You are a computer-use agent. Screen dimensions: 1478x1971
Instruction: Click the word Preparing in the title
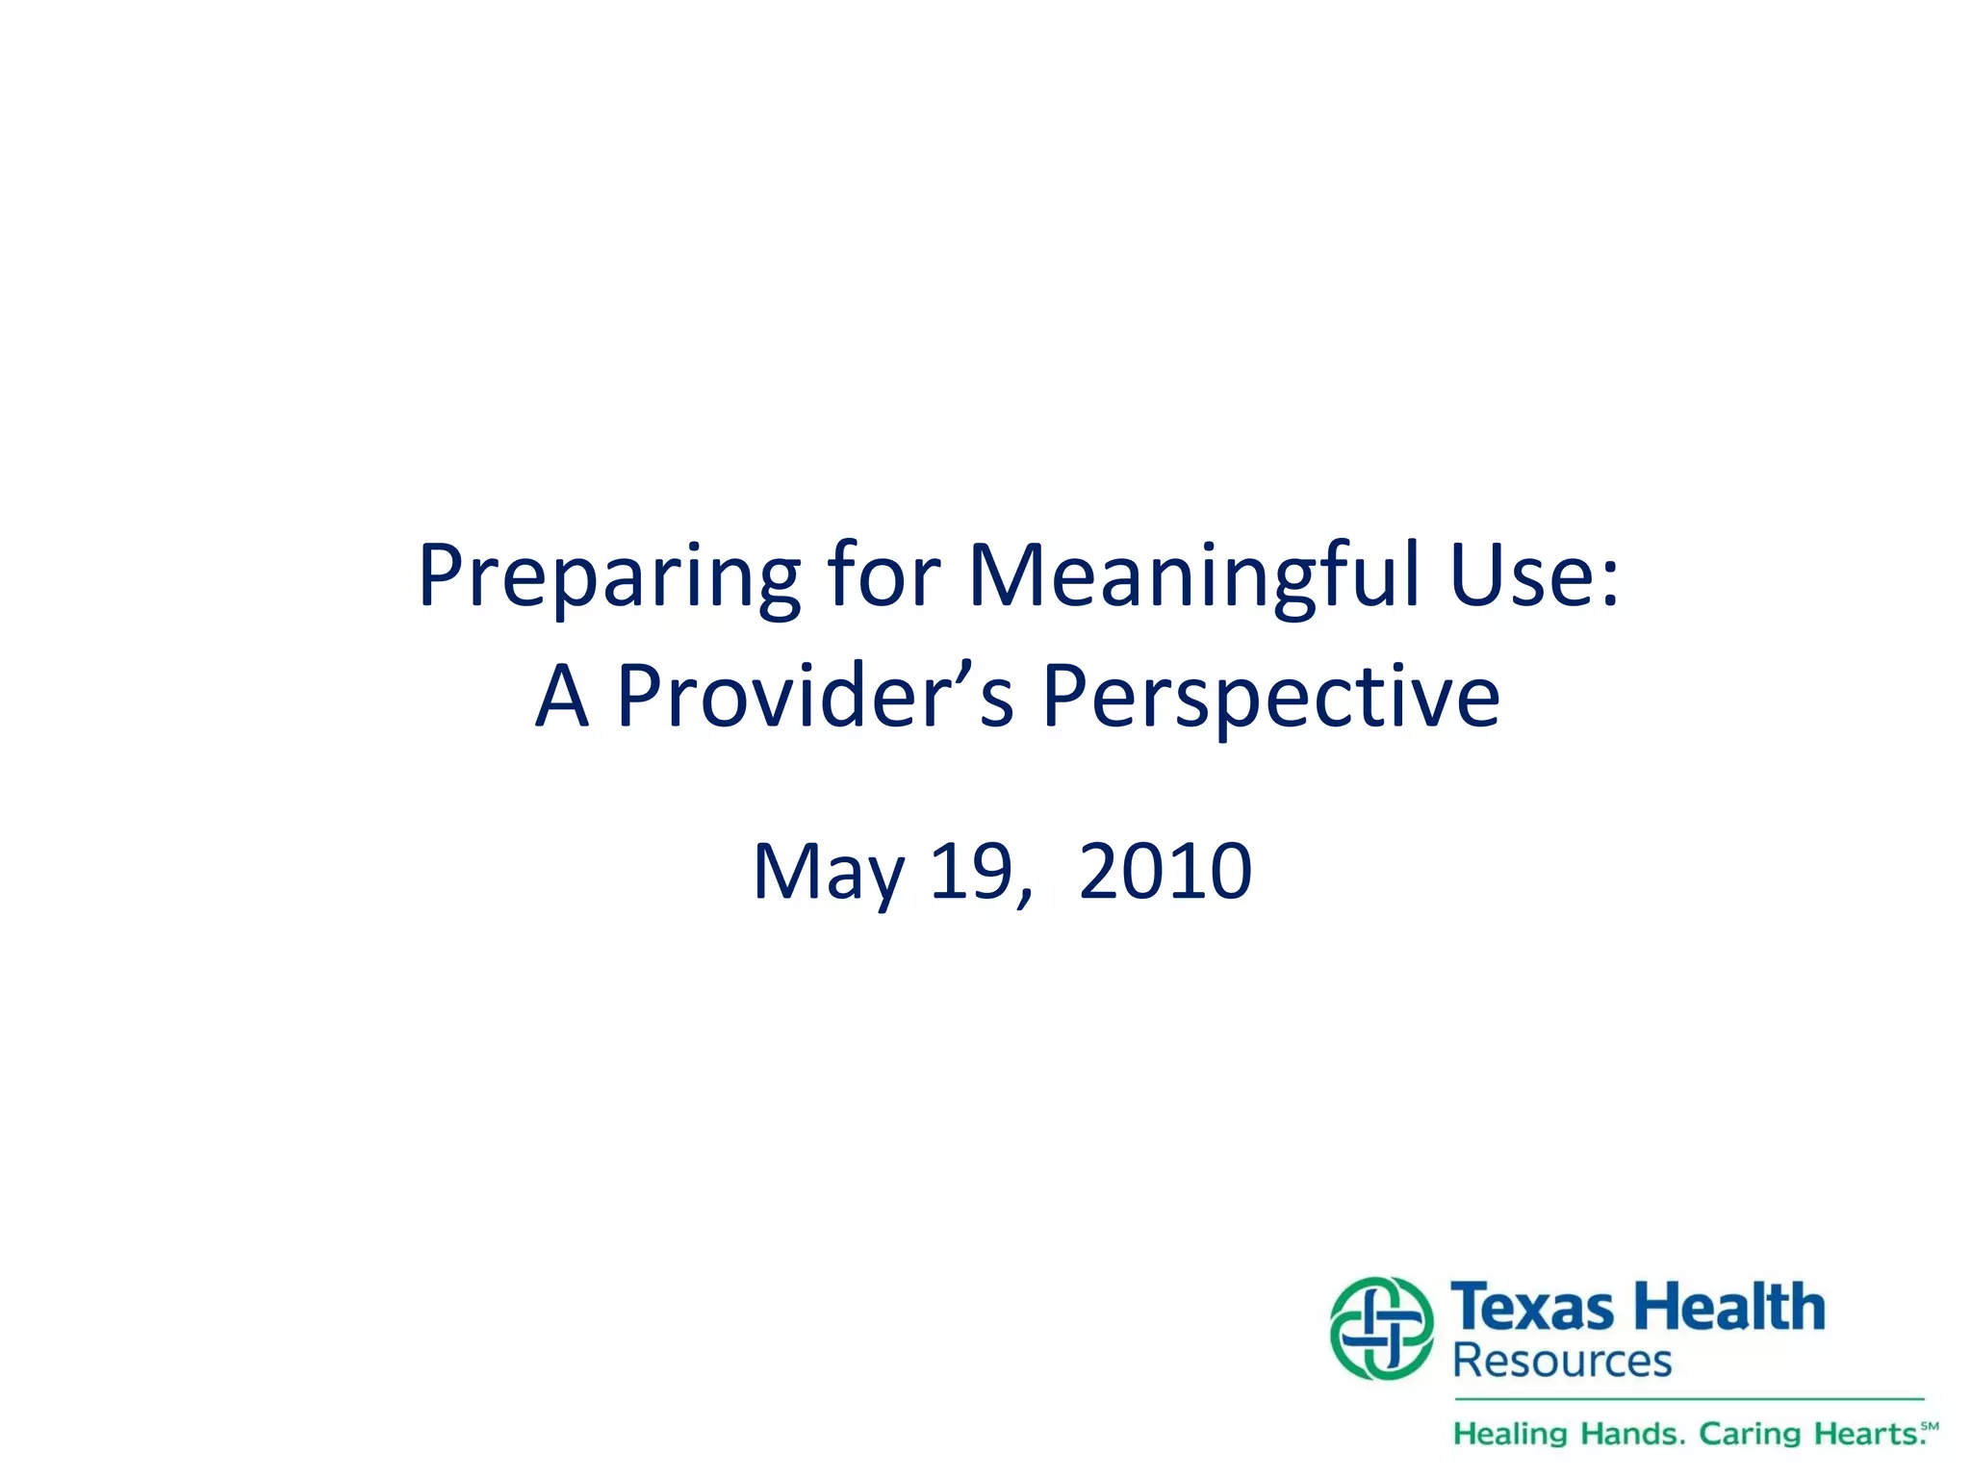tap(608, 577)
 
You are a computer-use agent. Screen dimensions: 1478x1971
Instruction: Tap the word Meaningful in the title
tap(1192, 577)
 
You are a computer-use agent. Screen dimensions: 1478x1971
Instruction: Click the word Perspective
tap(1270, 698)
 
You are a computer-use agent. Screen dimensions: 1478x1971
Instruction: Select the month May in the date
tap(829, 872)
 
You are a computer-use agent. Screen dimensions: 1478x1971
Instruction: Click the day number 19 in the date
tap(972, 872)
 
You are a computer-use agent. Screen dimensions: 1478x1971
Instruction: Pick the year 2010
tap(1165, 872)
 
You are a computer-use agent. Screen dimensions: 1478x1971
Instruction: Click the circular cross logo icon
tap(1381, 1328)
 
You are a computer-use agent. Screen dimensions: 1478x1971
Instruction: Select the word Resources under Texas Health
tap(1562, 1361)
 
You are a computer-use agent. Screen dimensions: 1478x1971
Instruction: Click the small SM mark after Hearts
tap(1930, 1425)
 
